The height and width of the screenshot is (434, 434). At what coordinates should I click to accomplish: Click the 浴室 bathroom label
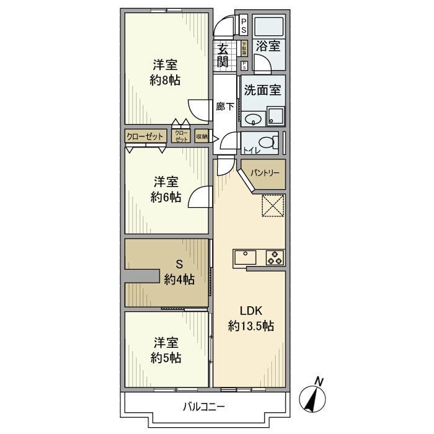(268, 46)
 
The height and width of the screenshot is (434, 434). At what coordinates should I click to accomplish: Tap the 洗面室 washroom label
(263, 89)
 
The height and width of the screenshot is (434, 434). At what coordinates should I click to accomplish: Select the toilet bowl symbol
(267, 143)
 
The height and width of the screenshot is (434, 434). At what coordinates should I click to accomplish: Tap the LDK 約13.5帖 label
(251, 318)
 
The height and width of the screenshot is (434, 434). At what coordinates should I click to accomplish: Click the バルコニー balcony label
(204, 407)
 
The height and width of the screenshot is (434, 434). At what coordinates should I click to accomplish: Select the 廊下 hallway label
(225, 107)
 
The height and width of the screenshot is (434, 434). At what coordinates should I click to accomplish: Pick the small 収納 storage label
(201, 136)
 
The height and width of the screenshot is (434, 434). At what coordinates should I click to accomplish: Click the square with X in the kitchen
(272, 205)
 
